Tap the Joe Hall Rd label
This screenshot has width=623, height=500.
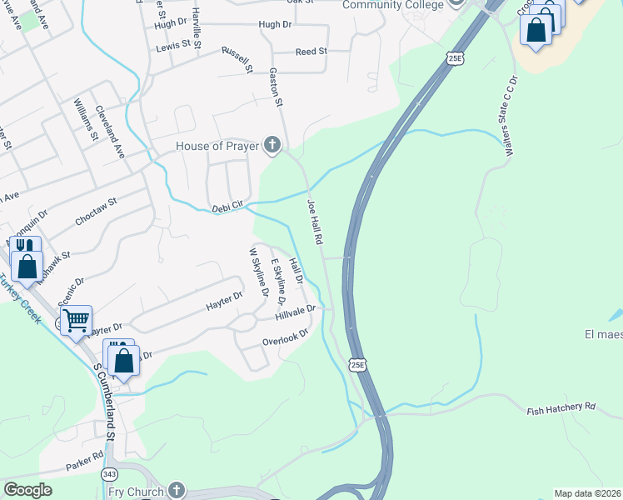point(314,221)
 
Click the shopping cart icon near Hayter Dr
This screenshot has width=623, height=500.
point(76,319)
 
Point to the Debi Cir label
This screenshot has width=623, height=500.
point(227,205)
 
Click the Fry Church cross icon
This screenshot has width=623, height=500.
point(176,490)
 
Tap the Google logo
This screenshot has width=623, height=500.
point(27,490)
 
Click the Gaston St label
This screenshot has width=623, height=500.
point(277,87)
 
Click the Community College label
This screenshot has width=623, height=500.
point(394,4)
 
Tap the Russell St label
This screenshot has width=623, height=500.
point(237,59)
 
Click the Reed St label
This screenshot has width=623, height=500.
point(311,52)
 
